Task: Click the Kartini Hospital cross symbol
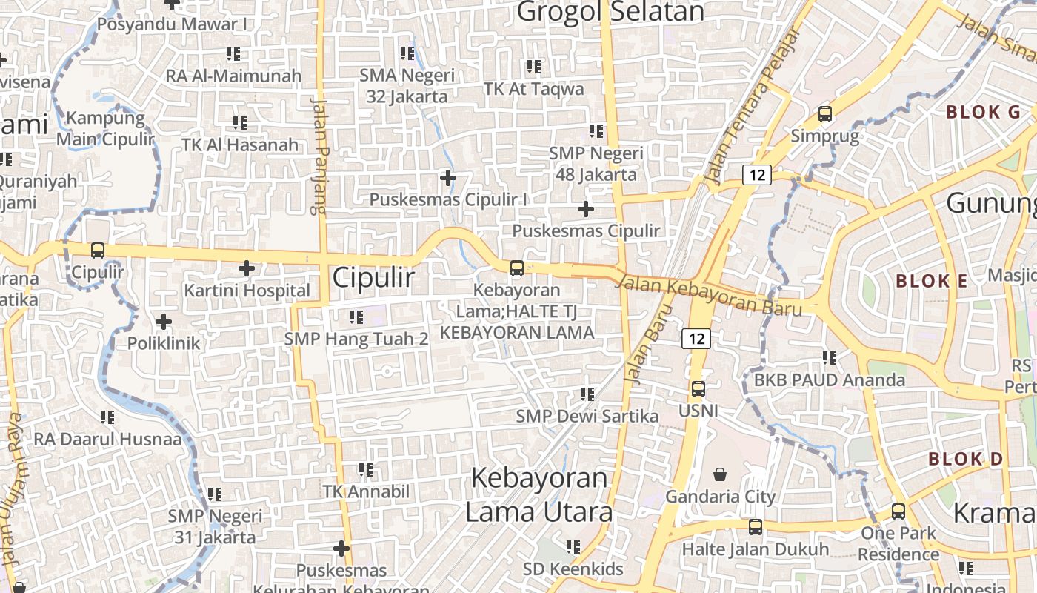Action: pos(247,268)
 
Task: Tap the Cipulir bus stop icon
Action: pos(97,251)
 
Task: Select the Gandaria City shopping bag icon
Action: pos(719,474)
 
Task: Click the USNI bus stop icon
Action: pos(698,389)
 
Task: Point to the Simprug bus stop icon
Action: pos(824,114)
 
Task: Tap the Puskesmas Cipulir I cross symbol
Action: pos(447,178)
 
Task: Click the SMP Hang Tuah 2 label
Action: pos(356,339)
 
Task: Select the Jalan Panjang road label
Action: pos(319,156)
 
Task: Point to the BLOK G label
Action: pos(983,112)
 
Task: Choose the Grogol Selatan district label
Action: pos(610,12)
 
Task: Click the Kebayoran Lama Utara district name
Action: pos(538,494)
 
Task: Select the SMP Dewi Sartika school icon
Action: pos(587,394)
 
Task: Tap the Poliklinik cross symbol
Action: pos(164,322)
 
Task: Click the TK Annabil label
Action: pos(366,491)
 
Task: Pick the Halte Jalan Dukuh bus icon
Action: pos(755,527)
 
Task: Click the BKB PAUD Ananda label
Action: pos(830,380)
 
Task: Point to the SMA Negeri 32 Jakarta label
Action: pos(407,85)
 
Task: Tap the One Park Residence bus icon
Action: pos(898,511)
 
